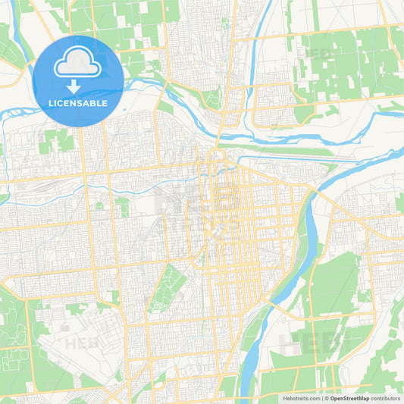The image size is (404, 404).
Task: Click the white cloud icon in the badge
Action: (78, 64)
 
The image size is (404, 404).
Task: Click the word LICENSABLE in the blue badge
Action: (78, 102)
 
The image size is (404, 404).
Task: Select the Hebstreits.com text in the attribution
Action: (301, 398)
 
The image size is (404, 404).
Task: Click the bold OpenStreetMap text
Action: (349, 398)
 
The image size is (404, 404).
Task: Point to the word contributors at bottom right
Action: (386, 398)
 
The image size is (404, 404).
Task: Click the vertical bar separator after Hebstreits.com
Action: (321, 398)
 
